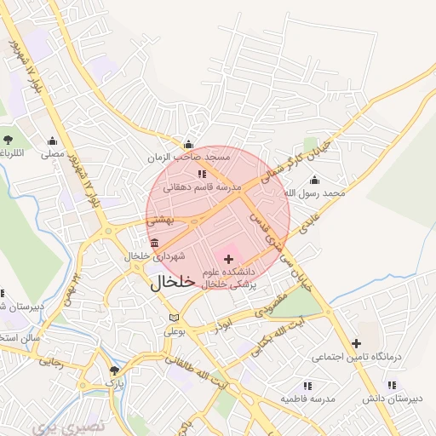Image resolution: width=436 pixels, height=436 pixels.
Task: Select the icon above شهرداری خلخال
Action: tap(154, 244)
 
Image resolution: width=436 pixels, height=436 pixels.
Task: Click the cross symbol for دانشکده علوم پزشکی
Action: tap(228, 258)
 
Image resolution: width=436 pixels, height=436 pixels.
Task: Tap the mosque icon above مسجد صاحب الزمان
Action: tap(188, 144)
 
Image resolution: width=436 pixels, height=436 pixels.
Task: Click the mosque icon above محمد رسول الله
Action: tap(315, 180)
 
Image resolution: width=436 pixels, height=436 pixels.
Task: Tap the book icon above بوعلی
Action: tap(175, 317)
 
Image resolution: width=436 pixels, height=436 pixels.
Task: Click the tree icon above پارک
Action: tap(114, 370)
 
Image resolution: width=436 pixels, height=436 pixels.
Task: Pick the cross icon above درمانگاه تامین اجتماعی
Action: tap(356, 343)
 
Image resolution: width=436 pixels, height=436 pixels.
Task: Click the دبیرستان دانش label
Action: tap(391, 399)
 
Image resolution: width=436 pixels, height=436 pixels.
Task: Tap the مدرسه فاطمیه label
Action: tap(311, 399)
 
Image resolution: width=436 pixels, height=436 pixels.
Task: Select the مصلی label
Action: tap(53, 155)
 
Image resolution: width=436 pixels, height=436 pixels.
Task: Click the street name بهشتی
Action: tap(160, 220)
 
